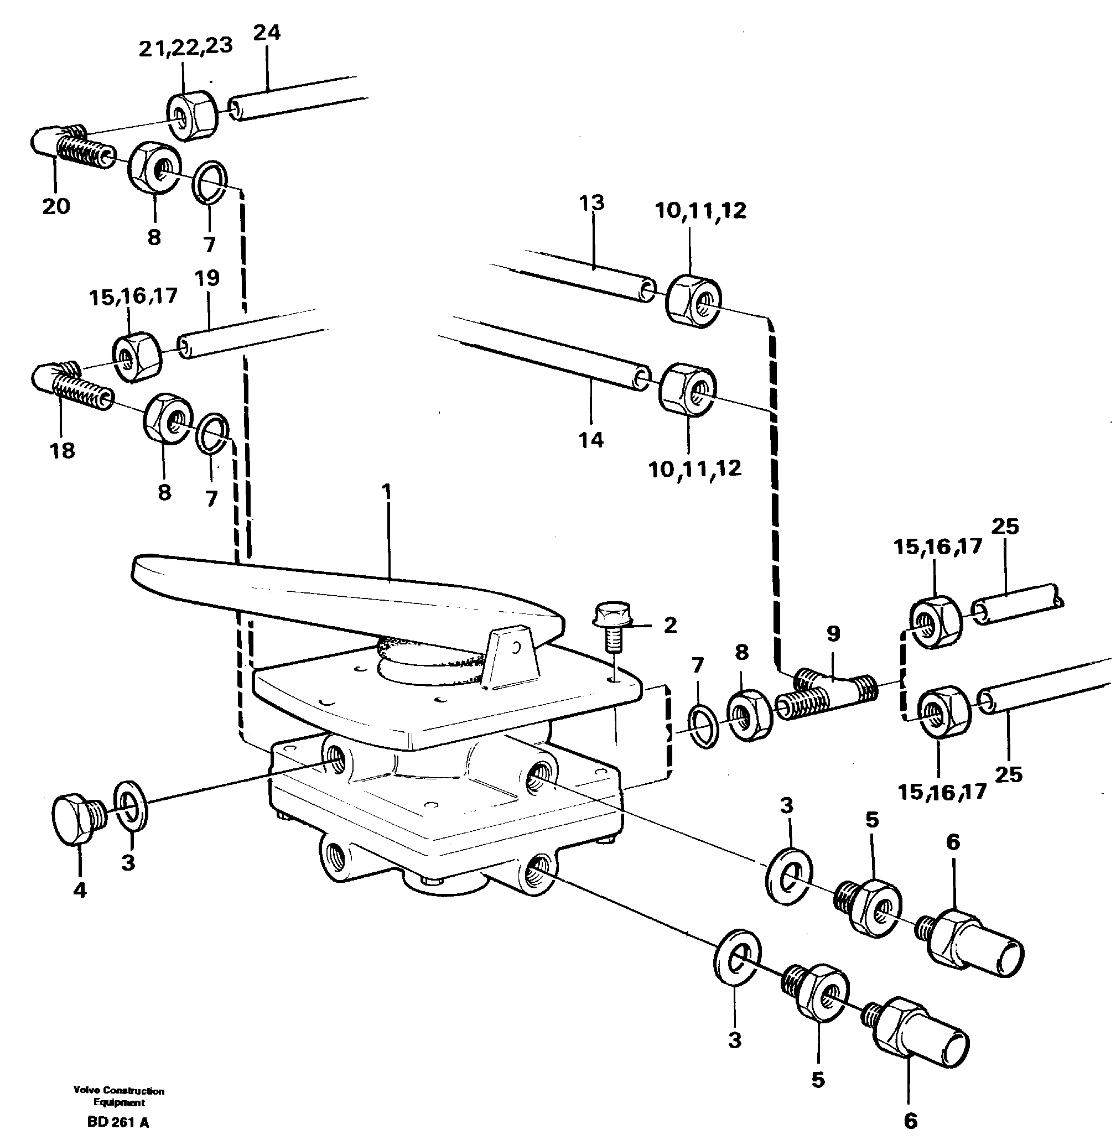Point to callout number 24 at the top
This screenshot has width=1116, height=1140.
point(267,32)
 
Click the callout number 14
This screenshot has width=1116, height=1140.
point(591,439)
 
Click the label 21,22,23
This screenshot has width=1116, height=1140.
point(185,46)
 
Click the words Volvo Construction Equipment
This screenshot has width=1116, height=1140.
point(118,1096)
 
